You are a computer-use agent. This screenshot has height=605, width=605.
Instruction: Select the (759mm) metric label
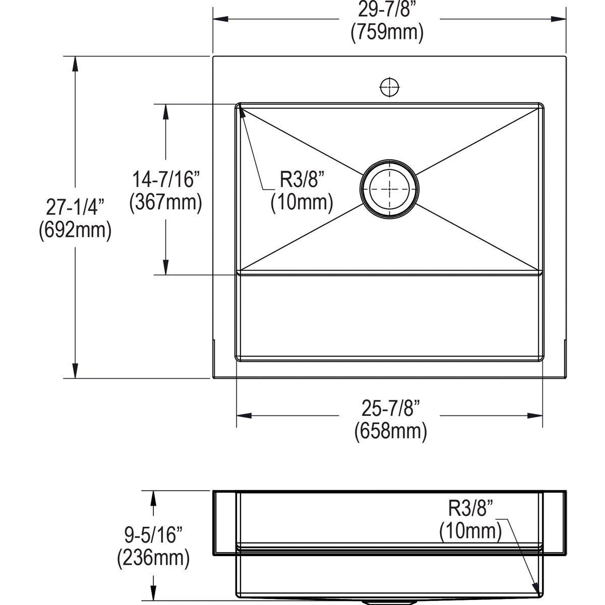387,32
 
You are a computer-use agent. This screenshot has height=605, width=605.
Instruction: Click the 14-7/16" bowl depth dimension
166,179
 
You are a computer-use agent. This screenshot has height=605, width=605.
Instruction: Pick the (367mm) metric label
166,202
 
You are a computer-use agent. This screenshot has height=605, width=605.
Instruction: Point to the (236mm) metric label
153,558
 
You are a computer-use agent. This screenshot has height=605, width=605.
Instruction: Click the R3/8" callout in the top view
301,179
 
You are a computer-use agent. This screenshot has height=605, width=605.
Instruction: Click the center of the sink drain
389,190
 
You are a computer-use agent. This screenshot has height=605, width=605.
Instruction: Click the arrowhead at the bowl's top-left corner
242,110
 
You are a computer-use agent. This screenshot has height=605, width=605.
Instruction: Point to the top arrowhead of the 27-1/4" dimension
75,63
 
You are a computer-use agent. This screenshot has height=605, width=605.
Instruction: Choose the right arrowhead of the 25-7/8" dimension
535,415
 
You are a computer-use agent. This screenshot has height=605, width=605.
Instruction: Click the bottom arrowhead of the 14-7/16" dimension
165,268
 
